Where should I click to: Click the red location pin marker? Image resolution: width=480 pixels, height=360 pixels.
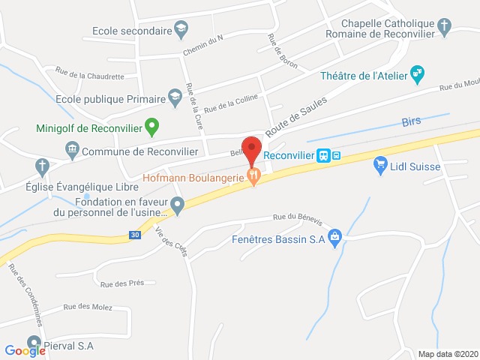point(251,148)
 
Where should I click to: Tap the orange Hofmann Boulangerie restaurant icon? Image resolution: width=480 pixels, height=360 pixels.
point(255,178)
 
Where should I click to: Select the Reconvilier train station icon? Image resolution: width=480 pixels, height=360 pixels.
point(323,155)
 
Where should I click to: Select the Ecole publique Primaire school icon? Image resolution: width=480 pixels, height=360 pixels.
point(175,97)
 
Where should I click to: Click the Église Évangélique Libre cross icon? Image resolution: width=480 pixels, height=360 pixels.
point(43,165)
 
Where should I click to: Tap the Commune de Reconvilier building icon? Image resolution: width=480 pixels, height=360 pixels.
point(72,150)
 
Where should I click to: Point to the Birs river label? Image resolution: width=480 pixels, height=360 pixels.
point(412,121)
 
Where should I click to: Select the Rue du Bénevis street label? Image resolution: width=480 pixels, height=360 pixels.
point(298,220)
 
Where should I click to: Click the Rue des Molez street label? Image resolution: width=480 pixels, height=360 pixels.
point(87,306)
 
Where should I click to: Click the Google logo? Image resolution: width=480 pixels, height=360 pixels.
point(25,349)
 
